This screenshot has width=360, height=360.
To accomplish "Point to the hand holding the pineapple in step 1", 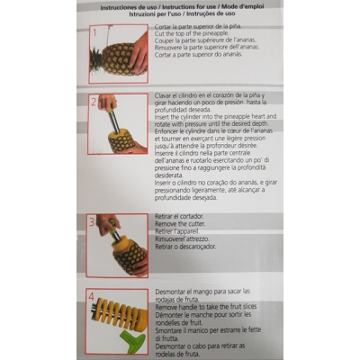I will click(138, 54).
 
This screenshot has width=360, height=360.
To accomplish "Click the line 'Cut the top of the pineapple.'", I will click(186, 34).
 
